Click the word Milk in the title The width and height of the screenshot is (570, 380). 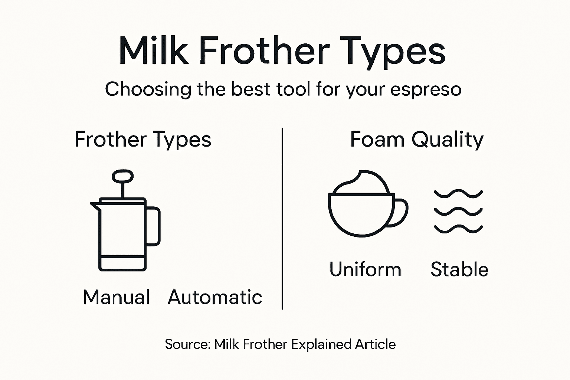(153, 51)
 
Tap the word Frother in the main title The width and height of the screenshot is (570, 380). (264, 51)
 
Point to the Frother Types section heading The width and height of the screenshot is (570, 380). (143, 140)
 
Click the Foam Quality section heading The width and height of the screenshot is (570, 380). (417, 140)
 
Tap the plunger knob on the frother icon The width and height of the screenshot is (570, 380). (122, 176)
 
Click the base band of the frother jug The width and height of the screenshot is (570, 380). (122, 263)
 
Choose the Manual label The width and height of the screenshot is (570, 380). (117, 297)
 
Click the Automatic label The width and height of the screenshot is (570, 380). (215, 297)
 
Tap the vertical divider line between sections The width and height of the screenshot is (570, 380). (283, 219)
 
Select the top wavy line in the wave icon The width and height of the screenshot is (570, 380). (458, 194)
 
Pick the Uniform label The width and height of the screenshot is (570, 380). (365, 269)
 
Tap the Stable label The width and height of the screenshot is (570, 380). (459, 269)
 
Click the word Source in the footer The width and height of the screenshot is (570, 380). (187, 344)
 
